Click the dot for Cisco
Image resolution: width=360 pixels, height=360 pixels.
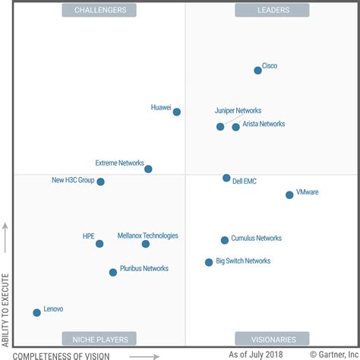257,71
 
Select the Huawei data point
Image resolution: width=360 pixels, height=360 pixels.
177,112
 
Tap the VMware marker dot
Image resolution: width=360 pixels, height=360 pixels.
289,195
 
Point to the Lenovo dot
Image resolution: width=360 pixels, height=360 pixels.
36,312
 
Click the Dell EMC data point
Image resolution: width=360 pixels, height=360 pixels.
226,178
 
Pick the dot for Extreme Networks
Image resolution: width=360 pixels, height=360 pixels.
148,169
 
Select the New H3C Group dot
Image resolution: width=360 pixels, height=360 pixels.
100,182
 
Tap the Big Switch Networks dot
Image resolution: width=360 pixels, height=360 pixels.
209,262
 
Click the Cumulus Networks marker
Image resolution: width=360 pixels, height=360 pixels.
225,240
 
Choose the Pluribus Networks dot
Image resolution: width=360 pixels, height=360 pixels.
113,272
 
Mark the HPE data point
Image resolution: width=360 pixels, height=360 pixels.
99,244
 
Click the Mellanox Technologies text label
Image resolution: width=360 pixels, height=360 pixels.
148,235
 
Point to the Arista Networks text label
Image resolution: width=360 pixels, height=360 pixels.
264,124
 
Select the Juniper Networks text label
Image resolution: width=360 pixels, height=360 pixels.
238,110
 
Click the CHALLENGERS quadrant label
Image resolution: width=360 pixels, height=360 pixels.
99,10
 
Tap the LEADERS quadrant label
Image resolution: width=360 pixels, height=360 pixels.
272,10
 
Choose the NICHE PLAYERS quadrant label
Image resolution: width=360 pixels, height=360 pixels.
99,339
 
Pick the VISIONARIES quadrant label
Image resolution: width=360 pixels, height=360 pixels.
272,339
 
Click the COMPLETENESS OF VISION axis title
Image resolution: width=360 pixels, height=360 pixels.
62,355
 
